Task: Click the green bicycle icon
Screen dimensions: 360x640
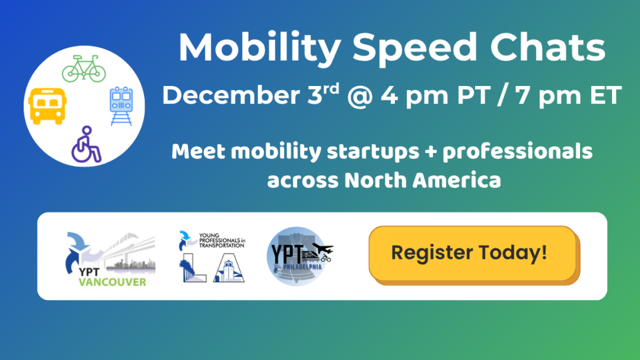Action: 84,69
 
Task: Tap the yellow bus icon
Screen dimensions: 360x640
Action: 47,105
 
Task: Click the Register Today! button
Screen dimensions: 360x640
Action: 472,253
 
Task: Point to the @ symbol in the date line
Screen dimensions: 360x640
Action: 359,95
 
